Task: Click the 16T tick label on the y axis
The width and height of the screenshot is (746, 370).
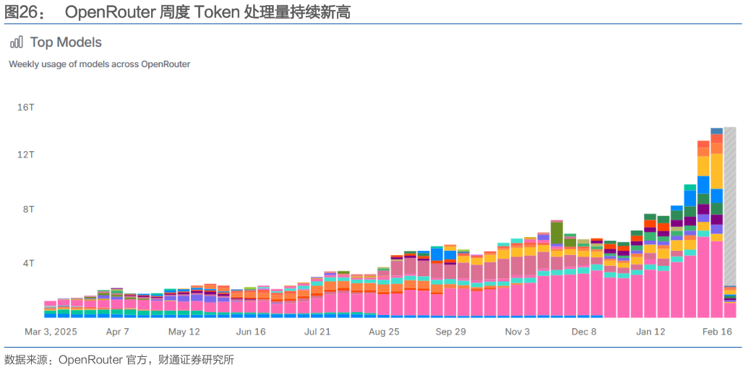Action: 26,107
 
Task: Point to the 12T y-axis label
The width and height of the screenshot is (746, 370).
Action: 26,155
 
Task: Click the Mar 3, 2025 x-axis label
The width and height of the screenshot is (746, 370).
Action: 51,332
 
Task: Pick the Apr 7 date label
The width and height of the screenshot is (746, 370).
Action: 117,332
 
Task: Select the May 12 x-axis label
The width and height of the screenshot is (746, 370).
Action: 184,332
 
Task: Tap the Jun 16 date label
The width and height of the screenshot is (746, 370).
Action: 250,332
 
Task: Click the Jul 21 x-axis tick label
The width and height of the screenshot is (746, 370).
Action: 317,332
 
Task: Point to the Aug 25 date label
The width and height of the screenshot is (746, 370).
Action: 384,332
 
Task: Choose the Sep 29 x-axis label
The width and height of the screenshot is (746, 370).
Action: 450,332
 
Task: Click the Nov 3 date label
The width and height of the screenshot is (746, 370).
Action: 517,332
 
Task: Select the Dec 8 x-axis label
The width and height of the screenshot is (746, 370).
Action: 583,332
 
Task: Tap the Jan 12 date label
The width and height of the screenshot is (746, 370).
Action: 651,332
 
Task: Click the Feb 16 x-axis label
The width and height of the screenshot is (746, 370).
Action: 717,332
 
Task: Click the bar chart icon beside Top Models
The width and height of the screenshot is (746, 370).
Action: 17,43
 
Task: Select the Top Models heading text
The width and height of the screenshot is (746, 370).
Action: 66,43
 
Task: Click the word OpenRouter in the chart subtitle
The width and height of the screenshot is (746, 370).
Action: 166,64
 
